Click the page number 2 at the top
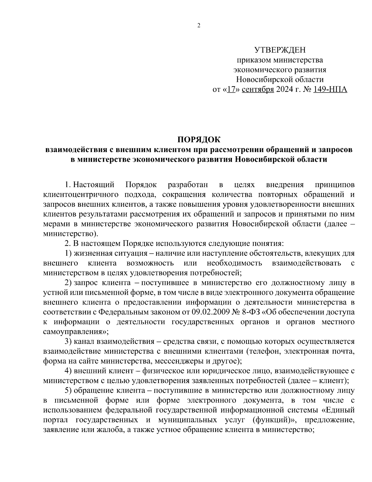[199, 26]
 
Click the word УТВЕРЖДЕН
[280, 50]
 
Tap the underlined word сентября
[258, 90]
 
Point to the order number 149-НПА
[330, 90]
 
